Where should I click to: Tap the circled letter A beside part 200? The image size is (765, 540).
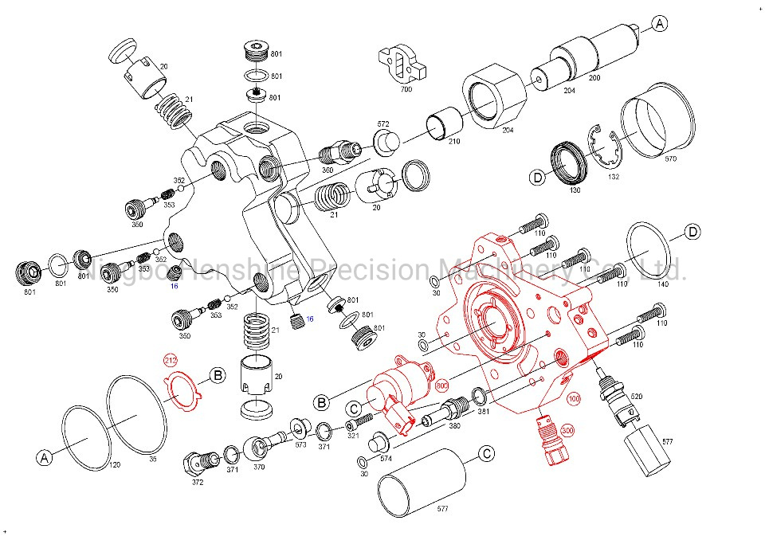(659, 25)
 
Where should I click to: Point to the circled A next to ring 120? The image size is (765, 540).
(44, 457)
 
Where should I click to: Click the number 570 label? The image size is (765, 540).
(670, 158)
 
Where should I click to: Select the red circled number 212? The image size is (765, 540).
(171, 361)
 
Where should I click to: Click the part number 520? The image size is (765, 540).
(636, 396)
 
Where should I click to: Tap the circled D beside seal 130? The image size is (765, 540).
(538, 177)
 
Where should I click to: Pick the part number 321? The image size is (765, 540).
(352, 435)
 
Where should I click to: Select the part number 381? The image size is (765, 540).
(483, 413)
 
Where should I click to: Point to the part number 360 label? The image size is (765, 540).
(328, 170)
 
